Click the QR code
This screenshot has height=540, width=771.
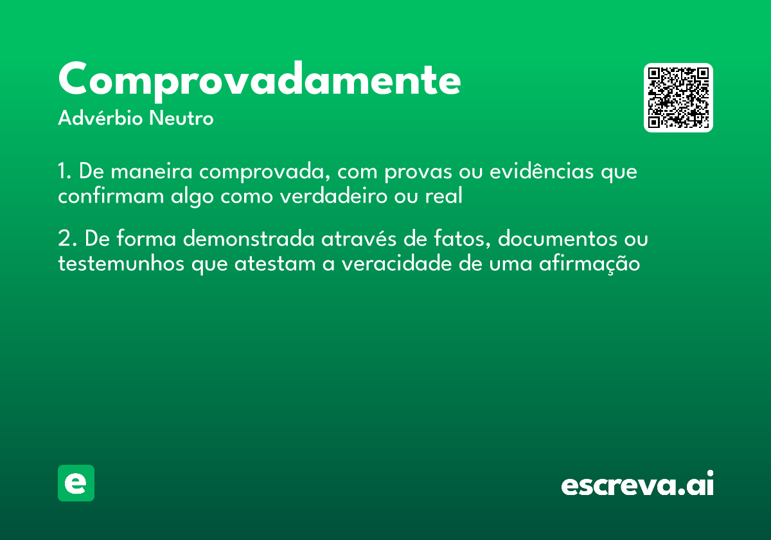coord(678,98)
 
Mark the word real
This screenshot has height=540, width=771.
coord(444,196)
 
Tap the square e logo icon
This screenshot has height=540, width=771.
coord(76,483)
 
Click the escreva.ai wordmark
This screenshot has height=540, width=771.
coord(637,484)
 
